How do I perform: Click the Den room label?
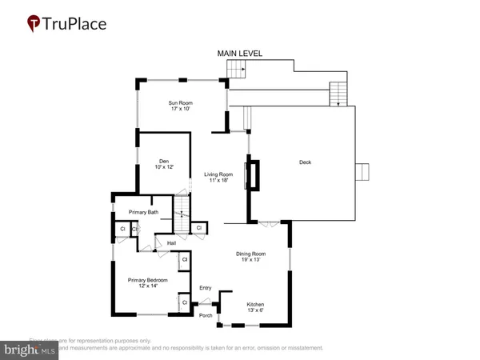163,161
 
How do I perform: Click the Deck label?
305,162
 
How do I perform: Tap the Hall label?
171,243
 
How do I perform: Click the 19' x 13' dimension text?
250,260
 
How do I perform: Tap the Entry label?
206,288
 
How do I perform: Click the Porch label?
206,316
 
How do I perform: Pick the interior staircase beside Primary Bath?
183,211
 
